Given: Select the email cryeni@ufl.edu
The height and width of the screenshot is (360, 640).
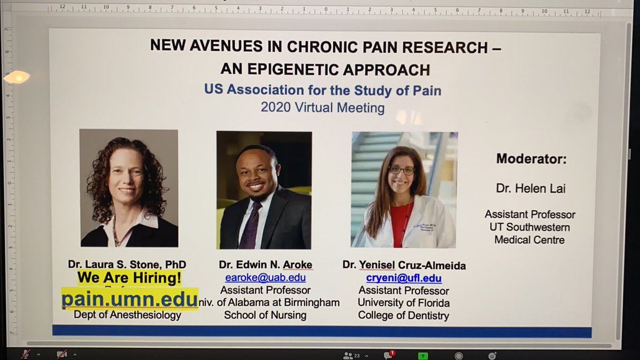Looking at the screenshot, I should coord(404,278).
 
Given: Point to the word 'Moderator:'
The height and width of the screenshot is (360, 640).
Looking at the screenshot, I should coord(531,158).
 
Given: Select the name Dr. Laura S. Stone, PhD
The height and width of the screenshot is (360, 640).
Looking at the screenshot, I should coord(127,264).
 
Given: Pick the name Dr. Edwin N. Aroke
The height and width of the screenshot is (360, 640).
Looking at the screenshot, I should coord(265,265).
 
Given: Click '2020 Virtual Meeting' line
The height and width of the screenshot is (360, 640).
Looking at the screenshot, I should coord(322,107).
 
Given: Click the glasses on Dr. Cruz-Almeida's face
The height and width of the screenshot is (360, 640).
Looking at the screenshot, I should coord(402,171).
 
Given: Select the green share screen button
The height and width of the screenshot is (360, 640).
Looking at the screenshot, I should coord(423,355).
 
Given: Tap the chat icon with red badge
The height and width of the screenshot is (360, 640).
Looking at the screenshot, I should coord(388,355).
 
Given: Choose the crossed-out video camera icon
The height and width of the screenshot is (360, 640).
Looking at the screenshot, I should coord(61,355).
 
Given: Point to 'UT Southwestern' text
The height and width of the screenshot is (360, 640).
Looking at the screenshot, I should coord(530,227).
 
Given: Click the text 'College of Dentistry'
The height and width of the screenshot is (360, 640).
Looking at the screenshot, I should coord(403,315).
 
